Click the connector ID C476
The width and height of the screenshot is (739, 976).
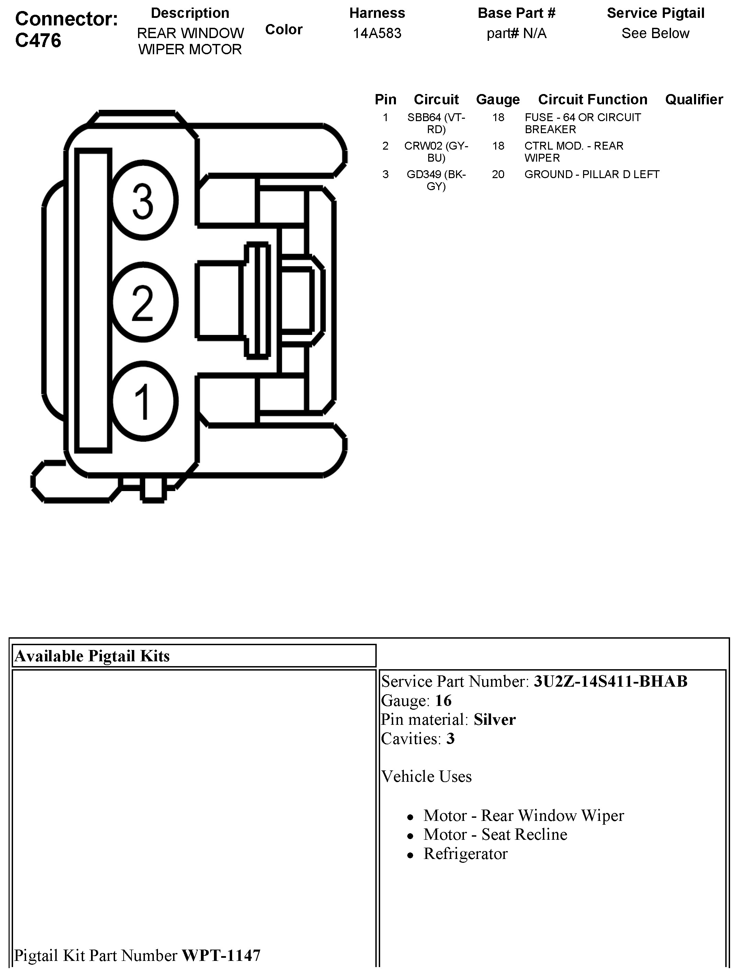click(x=38, y=40)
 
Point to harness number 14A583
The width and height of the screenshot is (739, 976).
click(x=377, y=34)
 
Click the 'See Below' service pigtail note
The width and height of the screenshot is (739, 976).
click(x=655, y=34)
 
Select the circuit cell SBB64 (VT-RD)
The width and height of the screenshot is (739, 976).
click(x=436, y=124)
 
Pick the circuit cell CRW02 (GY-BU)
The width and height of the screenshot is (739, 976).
click(x=436, y=152)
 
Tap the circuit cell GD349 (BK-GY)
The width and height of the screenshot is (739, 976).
click(x=436, y=180)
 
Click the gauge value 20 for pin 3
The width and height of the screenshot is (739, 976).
click(x=498, y=175)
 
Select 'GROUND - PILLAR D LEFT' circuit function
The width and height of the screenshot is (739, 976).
click(x=592, y=175)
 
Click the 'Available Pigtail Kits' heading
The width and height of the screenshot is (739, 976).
click(x=92, y=656)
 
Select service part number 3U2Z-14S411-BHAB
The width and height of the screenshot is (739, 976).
click(x=611, y=682)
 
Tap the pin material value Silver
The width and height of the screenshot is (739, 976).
click(x=494, y=720)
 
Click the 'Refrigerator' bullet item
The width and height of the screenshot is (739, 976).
click(x=465, y=854)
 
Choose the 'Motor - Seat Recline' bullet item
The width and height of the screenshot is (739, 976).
click(x=495, y=834)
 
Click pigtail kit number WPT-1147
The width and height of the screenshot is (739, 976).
click(x=221, y=956)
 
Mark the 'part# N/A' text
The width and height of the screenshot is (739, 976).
click(x=516, y=34)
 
